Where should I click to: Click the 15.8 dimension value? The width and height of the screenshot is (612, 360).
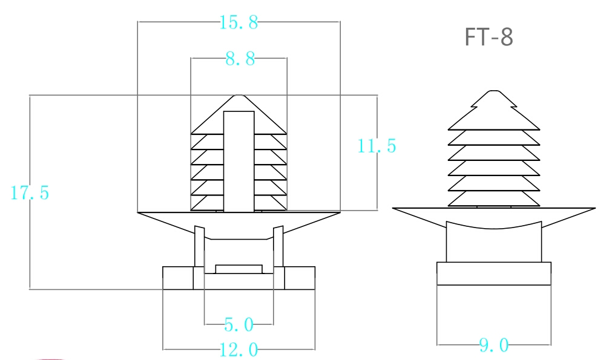click(x=239, y=23)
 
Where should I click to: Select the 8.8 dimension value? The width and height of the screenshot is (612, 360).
click(x=240, y=59)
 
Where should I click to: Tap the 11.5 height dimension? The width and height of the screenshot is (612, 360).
click(x=377, y=146)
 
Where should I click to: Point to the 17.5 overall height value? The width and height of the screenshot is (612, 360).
click(x=30, y=193)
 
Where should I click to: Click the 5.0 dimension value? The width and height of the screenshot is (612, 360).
click(x=239, y=325)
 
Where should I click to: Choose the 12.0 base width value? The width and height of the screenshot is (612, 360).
click(x=239, y=350)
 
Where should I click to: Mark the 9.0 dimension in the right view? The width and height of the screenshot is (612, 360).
click(x=493, y=345)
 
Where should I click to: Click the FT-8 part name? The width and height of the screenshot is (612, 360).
click(x=489, y=38)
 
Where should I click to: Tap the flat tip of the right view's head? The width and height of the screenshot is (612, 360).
click(x=494, y=91)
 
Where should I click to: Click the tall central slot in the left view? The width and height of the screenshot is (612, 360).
click(x=239, y=160)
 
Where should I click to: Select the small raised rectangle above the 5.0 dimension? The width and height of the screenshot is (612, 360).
click(x=239, y=269)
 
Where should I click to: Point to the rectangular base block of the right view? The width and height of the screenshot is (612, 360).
click(x=493, y=273)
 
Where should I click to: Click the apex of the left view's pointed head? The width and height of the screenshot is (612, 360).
click(x=239, y=96)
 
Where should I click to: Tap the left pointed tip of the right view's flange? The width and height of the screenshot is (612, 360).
click(x=395, y=209)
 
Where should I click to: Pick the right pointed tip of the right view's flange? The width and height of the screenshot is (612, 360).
click(x=593, y=209)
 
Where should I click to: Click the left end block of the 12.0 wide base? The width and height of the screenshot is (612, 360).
click(x=178, y=278)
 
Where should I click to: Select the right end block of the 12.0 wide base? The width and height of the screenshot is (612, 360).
click(x=299, y=278)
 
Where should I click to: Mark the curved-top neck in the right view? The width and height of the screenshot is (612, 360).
click(x=493, y=243)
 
